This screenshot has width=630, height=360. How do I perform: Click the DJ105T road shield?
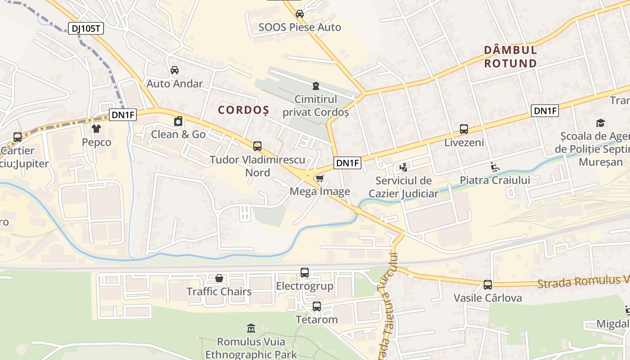(x=86, y=28)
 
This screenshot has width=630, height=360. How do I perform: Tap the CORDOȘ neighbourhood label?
(x=243, y=110)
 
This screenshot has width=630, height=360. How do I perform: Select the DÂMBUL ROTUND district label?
(x=511, y=56)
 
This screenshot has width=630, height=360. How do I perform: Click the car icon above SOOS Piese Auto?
(x=300, y=14)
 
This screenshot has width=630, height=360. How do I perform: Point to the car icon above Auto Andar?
(x=175, y=70)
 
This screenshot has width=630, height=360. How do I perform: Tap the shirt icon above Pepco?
(x=96, y=129)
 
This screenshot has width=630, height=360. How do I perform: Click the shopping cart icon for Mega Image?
(x=319, y=179)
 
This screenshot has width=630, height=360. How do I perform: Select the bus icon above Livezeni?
(x=464, y=129)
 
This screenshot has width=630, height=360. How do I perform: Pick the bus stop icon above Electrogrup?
(x=305, y=273)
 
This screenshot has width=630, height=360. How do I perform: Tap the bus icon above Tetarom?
(x=317, y=306)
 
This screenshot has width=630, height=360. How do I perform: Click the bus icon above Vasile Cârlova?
(x=488, y=284)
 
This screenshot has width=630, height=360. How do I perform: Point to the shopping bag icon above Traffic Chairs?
(x=219, y=278)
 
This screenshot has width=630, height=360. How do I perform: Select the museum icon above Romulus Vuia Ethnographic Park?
(x=251, y=328)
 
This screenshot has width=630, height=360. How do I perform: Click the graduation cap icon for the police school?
(x=600, y=123)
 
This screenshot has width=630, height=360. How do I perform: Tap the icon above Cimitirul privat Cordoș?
(x=316, y=85)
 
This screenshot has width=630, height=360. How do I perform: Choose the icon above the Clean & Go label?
(x=178, y=121)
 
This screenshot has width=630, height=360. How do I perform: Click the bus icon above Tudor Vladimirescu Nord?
(x=257, y=146)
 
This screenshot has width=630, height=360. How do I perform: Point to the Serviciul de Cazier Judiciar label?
(x=403, y=187)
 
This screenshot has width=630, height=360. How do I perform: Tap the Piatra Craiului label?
(x=495, y=180)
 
